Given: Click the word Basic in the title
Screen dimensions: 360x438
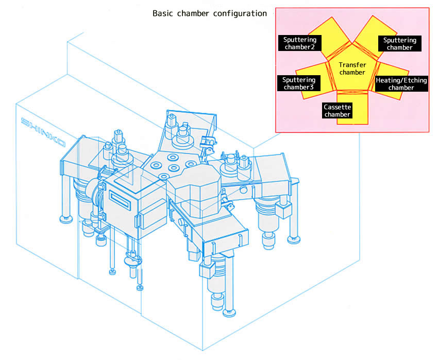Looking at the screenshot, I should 164,13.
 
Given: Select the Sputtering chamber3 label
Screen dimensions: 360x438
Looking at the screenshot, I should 298,83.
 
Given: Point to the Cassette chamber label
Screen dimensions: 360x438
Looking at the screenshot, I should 338,111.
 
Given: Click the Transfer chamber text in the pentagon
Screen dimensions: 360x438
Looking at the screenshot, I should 352,68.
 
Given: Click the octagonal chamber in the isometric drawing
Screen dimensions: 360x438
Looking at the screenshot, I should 195,191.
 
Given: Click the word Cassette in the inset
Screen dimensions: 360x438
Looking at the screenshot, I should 338,107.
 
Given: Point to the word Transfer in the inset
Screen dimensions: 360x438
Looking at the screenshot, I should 352,65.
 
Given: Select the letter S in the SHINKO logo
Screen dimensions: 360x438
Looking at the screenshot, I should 25,122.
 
